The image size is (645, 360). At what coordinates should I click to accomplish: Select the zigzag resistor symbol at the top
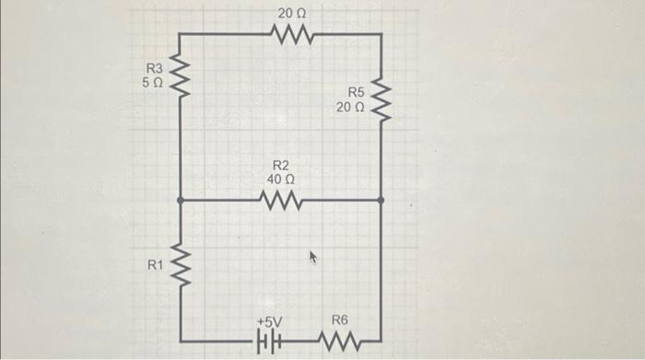pos(294,35)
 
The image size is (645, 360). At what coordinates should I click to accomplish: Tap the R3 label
pos(154,68)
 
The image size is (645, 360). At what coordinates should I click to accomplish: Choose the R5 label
pos(356,93)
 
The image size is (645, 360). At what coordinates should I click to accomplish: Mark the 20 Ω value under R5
pos(350,108)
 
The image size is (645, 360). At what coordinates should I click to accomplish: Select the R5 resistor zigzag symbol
pos(380,103)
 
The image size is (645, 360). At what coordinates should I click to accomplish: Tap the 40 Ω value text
pos(280,180)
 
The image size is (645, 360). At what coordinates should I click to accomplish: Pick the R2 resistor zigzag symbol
pos(280,200)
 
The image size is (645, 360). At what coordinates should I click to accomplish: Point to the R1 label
pos(154,265)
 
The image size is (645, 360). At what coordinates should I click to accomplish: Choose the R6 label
pos(340,320)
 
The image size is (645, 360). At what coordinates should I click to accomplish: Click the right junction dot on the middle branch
pos(380,199)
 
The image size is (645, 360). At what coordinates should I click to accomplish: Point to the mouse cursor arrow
pos(311,258)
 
